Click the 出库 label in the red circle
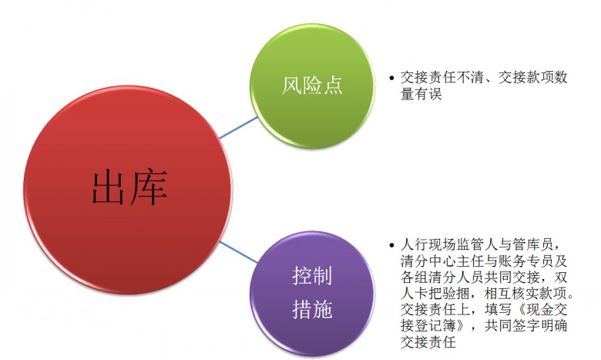pyautogui.click(x=129, y=187)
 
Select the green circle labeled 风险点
pyautogui.click(x=312, y=86)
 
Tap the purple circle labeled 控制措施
pyautogui.click(x=312, y=293)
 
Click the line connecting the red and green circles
pyautogui.click(x=238, y=128)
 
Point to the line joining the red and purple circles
pyautogui.click(x=238, y=252)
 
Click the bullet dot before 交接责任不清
pyautogui.click(x=391, y=78)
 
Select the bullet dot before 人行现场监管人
pyautogui.click(x=391, y=245)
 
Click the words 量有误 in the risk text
pyautogui.click(x=421, y=94)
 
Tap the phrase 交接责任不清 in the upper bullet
pyautogui.click(x=442, y=77)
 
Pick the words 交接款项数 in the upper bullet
pyautogui.click(x=532, y=77)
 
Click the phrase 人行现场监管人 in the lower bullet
pyautogui.click(x=449, y=244)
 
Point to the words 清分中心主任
pyautogui.click(x=442, y=261)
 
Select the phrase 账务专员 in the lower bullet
pyautogui.click(x=525, y=261)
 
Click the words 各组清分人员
pyautogui.click(x=442, y=277)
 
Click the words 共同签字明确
pyautogui.click(x=525, y=325)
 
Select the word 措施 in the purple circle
pyautogui.click(x=312, y=309)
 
